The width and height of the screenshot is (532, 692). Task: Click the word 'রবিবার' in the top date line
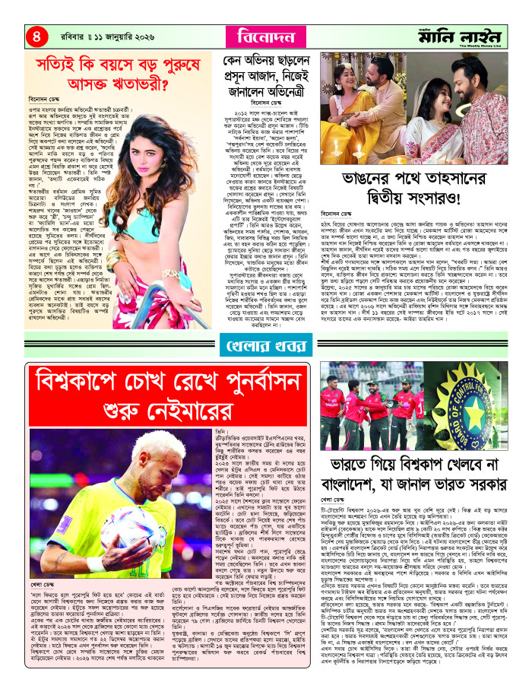(x=69, y=35)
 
